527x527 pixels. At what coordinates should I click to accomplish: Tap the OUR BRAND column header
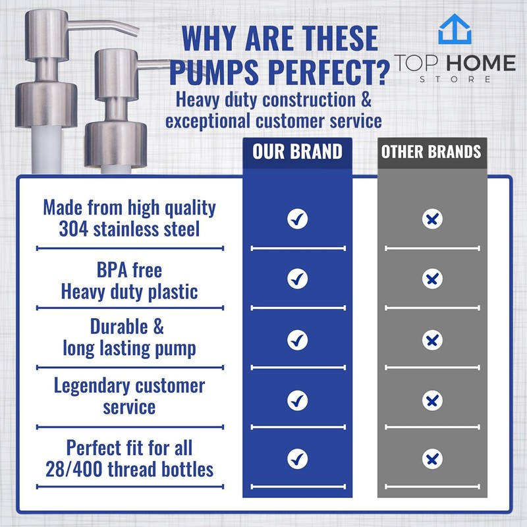[x=298, y=152]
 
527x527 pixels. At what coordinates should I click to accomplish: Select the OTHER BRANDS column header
[x=431, y=152]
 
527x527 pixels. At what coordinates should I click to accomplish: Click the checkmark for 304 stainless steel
[x=298, y=219]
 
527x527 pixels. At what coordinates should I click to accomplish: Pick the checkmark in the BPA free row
[x=298, y=279]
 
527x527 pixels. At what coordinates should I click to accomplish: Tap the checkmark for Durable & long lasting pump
[x=298, y=340]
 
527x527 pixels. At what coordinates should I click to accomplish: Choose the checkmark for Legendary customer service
[x=298, y=399]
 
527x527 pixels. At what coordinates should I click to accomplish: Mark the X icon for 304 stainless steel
[x=432, y=219]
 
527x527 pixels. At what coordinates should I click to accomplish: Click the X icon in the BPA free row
[x=432, y=280]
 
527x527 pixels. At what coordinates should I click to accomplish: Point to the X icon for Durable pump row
[x=432, y=340]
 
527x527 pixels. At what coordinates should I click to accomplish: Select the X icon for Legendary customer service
[x=432, y=400]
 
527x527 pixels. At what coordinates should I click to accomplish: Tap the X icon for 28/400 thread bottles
[x=432, y=458]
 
